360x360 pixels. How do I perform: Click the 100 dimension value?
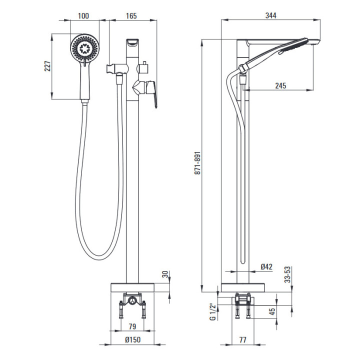tap(83, 16)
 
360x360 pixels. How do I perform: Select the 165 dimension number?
tap(131, 16)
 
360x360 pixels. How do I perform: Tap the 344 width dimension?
tap(271, 15)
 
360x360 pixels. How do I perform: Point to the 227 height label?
tap(47, 66)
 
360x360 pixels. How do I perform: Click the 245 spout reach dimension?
tap(280, 86)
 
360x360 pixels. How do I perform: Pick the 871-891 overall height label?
tap(197, 163)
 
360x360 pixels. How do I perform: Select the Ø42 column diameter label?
tap(266, 266)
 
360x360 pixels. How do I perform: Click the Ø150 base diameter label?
tap(132, 339)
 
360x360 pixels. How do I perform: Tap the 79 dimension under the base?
tap(132, 326)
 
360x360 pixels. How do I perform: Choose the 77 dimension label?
tap(242, 339)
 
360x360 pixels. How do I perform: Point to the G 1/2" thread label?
tap(213, 311)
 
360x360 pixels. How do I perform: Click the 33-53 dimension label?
tap(287, 274)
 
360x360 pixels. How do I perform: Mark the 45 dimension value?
tap(272, 311)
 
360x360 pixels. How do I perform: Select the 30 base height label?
tap(165, 274)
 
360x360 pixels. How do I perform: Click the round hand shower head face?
tap(85, 48)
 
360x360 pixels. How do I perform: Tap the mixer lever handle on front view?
tap(151, 92)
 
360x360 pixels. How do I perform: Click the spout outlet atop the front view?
tap(132, 42)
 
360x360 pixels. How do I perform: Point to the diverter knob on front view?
tap(143, 67)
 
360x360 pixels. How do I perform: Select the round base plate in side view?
tap(243, 288)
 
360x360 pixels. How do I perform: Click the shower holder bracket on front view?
tap(116, 69)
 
